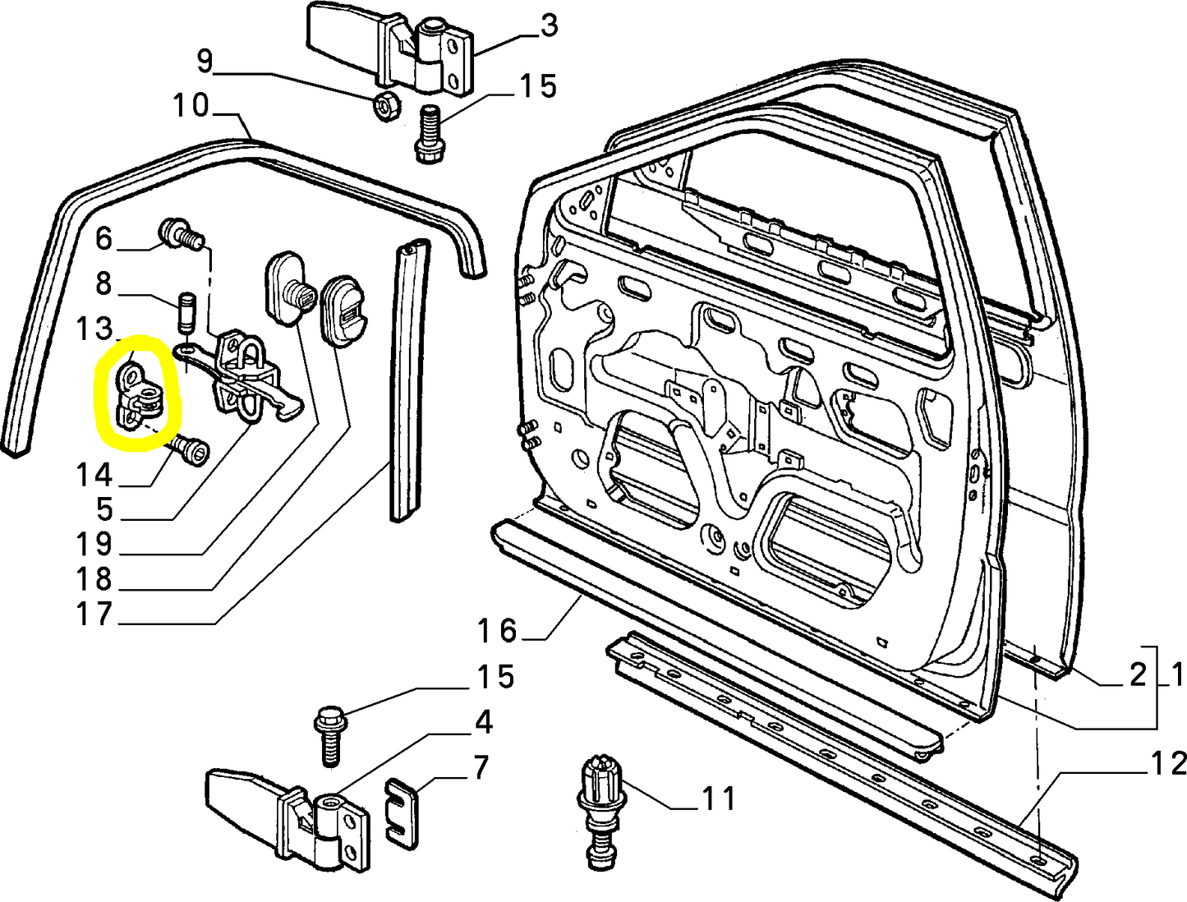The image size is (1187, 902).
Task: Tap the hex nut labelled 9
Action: [x=385, y=106]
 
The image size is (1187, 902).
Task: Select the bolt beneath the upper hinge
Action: [x=428, y=133]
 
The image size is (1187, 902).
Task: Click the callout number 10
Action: [x=191, y=106]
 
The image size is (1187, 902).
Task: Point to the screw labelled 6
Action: [x=179, y=233]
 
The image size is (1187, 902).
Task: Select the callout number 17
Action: [x=94, y=614]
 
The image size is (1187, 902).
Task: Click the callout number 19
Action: [x=94, y=544]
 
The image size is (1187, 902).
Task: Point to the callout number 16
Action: [x=498, y=631]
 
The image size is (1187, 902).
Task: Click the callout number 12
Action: [x=1168, y=764]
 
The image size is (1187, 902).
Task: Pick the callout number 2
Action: [x=1137, y=674]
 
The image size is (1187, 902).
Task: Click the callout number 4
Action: [x=484, y=722]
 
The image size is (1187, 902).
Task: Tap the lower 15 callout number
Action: [x=496, y=678]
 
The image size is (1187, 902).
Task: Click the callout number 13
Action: [x=94, y=329]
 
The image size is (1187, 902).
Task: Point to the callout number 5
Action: [x=104, y=509]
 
